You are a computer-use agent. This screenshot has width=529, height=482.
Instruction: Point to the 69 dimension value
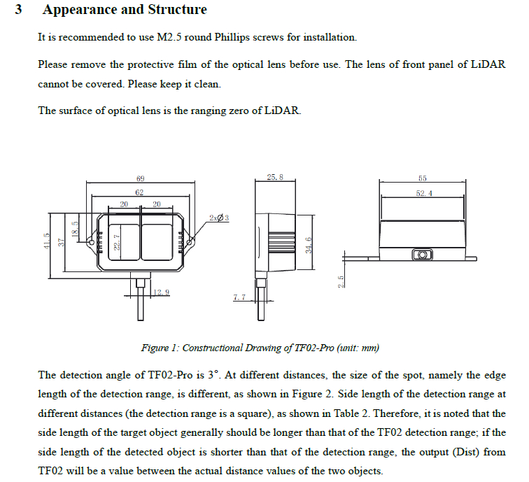[x=140, y=179]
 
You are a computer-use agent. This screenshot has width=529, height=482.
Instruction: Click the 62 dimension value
[x=139, y=192]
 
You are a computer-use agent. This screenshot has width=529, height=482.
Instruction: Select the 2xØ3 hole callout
[x=218, y=218]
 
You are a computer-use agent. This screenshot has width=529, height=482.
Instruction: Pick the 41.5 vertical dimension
[x=47, y=241]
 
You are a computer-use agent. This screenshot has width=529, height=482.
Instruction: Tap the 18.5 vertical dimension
[x=76, y=228]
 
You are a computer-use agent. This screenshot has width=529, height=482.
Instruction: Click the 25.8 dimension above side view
[x=275, y=178]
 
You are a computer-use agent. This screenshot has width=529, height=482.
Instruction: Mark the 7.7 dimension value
[x=239, y=298]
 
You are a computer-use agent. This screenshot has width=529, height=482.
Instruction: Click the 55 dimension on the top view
[x=423, y=178]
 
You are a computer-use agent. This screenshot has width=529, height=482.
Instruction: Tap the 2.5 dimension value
[x=341, y=281]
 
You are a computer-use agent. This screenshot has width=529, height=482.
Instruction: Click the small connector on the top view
[x=421, y=255]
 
